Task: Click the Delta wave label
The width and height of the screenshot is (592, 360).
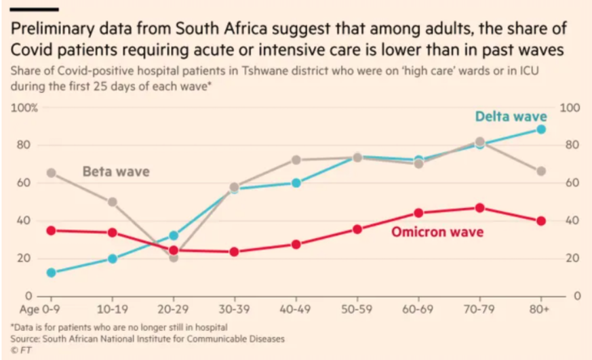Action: [511, 116]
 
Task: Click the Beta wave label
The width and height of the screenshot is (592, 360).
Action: [115, 172]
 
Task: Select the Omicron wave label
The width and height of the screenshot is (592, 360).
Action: [437, 232]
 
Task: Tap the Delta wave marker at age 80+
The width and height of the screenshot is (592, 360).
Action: [541, 129]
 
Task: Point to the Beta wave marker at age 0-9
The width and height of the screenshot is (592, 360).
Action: [51, 173]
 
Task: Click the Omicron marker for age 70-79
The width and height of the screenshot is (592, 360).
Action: [479, 208]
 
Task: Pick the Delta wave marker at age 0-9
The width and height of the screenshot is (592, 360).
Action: [51, 273]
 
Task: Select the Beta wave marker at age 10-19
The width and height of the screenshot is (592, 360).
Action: [113, 202]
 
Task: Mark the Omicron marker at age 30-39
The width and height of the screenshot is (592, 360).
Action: [235, 252]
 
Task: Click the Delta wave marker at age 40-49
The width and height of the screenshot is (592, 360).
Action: [296, 183]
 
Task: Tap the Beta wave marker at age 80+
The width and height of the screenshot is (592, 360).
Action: [541, 172]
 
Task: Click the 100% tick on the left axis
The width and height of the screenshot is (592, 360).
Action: [25, 108]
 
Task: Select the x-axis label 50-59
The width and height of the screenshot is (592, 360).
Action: [357, 309]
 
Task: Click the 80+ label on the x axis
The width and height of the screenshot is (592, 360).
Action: [540, 309]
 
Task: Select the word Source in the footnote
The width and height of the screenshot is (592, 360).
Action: [25, 338]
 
